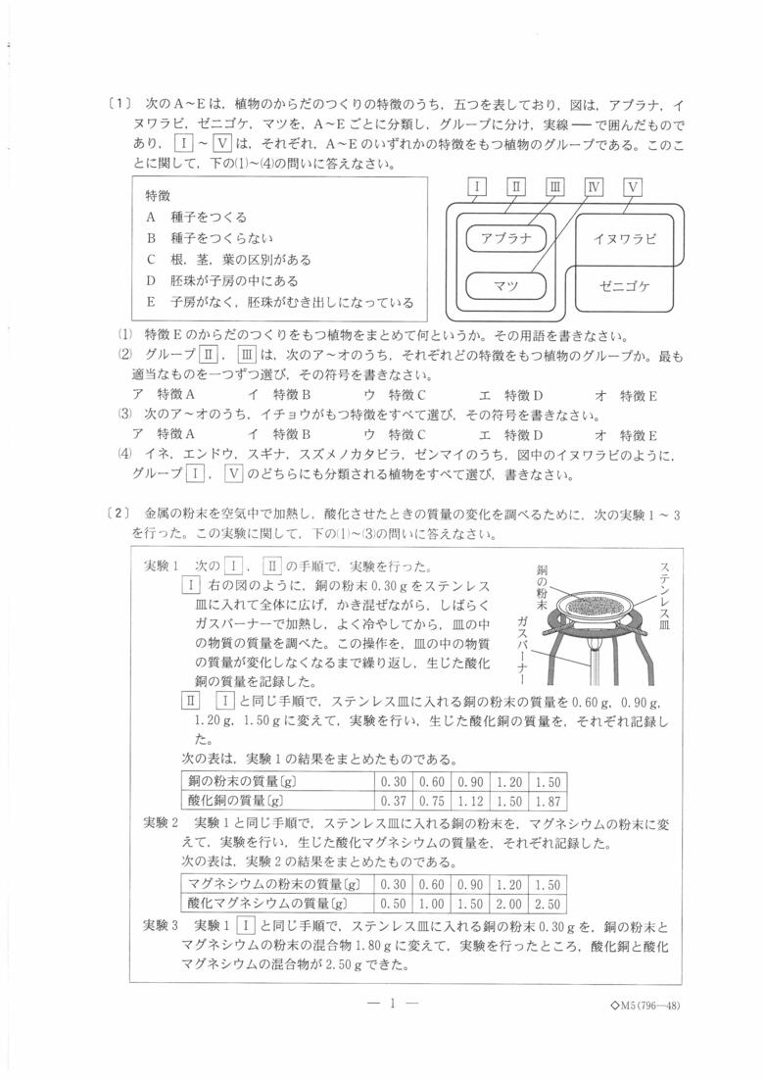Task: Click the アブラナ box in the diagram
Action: coord(506,238)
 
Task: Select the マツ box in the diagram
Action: coord(505,285)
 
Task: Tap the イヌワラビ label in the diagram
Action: coord(625,238)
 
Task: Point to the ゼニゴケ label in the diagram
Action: coord(624,286)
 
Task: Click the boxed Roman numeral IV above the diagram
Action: coord(595,187)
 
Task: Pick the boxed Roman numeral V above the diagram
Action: coord(633,187)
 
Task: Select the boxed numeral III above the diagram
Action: coord(554,187)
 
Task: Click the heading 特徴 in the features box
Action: coord(158,195)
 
